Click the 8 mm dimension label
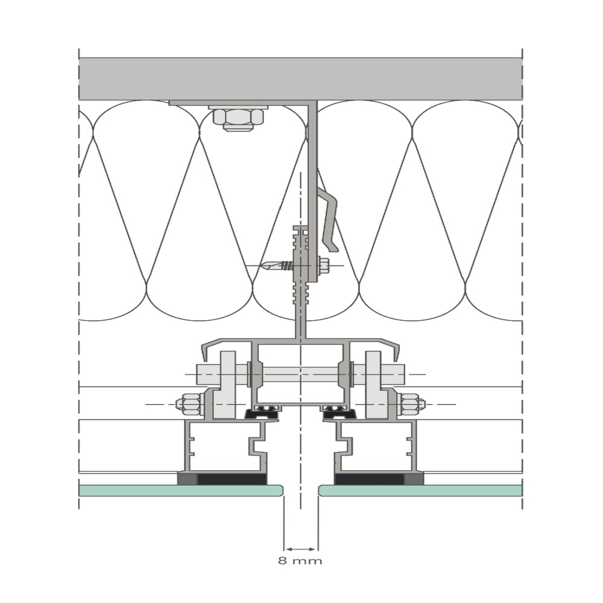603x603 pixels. (300, 561)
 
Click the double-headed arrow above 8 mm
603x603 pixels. (301, 549)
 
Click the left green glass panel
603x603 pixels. (181, 490)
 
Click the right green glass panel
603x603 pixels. (420, 490)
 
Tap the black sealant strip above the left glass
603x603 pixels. (232, 479)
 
